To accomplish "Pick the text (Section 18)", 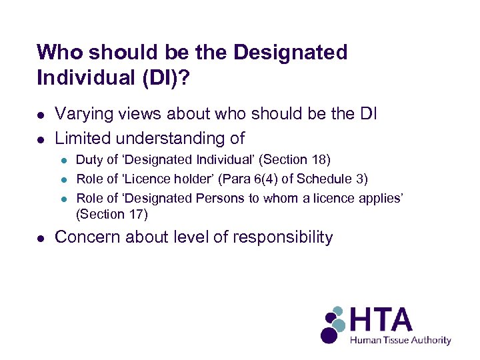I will click(296, 160).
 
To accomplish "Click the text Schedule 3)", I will click(338, 179).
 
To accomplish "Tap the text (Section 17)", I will click(112, 215).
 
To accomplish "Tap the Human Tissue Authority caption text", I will click(401, 340).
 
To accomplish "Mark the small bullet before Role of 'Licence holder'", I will click(64, 179).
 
